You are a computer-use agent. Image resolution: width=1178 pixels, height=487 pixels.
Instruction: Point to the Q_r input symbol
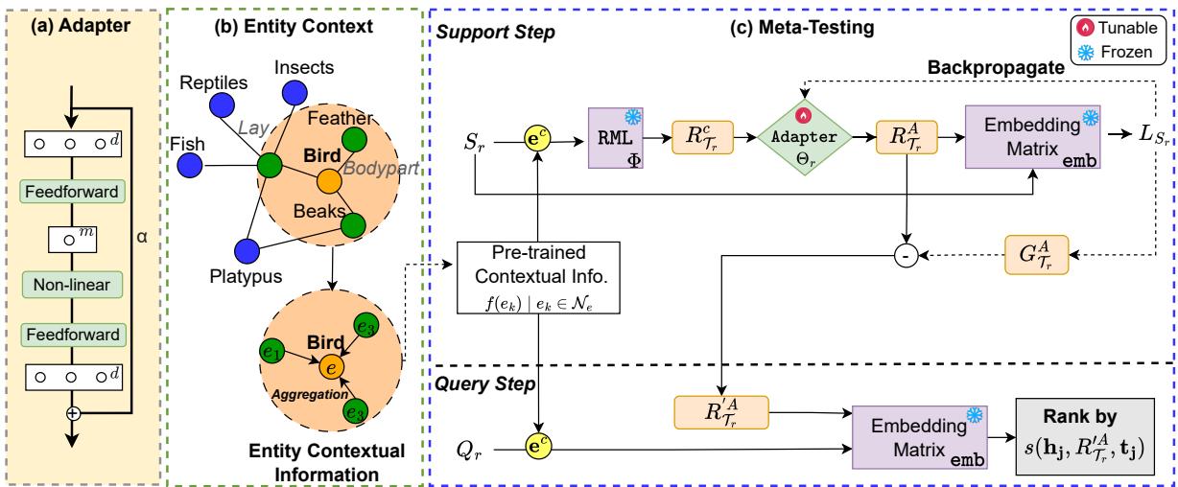coord(471,446)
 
